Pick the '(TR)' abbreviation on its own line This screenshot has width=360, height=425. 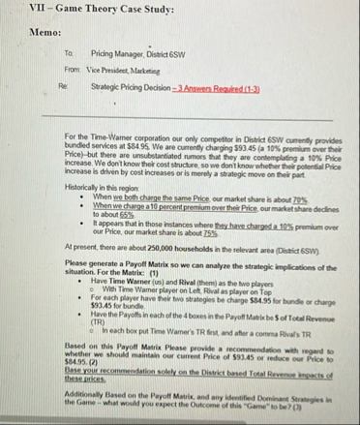pyautogui.click(x=99, y=322)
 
